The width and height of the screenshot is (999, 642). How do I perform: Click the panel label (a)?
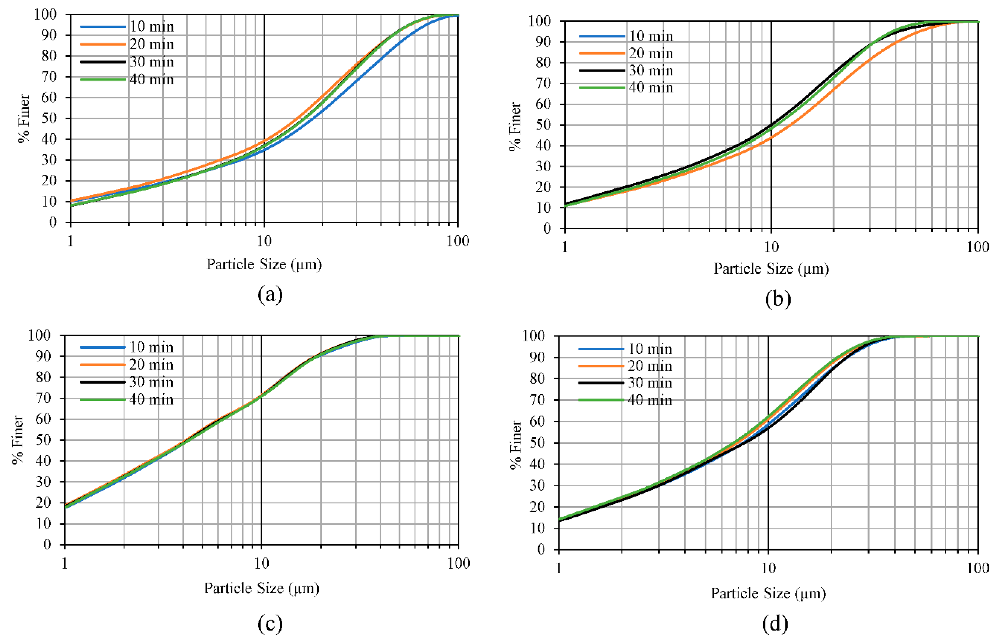[270, 295]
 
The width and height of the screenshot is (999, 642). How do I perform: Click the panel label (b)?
[778, 299]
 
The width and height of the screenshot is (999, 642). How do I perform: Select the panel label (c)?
[270, 624]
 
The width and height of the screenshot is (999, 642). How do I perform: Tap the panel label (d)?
[775, 624]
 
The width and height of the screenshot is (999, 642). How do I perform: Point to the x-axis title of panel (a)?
[264, 264]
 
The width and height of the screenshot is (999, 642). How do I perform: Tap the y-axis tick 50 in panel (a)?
[49, 118]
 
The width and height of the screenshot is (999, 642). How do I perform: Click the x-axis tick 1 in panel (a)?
[70, 241]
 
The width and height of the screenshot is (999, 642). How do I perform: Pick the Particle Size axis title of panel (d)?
[768, 593]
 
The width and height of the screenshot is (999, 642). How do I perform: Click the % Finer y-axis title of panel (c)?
[17, 439]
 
